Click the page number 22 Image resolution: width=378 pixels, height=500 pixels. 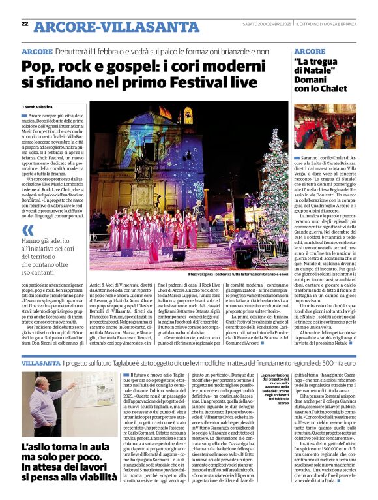(25, 24)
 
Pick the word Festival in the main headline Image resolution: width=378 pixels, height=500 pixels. (197, 82)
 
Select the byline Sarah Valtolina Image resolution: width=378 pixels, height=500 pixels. (38, 106)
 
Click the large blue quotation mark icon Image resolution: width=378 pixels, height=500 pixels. (28, 230)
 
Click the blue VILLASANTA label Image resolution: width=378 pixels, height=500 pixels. (40, 362)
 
